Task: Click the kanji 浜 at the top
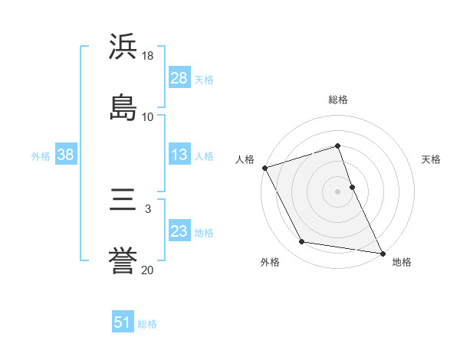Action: coord(123,47)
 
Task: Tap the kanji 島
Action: coord(123,106)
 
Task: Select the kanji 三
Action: coord(123,201)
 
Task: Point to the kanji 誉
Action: coord(123,260)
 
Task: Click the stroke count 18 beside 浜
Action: coord(148,57)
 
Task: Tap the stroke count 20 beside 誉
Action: coord(148,270)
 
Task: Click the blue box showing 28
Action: coord(179,78)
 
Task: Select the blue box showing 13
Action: coord(179,155)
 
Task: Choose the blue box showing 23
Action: coord(179,231)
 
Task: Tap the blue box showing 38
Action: coord(66,155)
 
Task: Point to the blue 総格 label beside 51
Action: coord(147,324)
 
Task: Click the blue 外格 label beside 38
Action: coord(41,155)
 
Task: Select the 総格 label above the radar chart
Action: coord(338,100)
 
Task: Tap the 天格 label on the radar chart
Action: coord(432,159)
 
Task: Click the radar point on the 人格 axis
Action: coord(264,168)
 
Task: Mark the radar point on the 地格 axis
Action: coord(383,253)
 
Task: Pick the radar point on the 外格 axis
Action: coord(301,243)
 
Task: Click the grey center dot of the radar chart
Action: coord(338,191)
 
